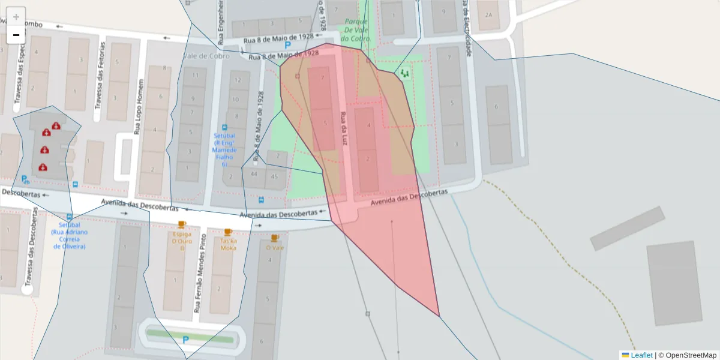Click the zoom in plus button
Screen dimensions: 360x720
(16, 17)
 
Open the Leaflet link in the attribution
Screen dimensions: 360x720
(641, 355)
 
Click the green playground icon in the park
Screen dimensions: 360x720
(405, 73)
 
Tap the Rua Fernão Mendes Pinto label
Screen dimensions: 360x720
(198, 274)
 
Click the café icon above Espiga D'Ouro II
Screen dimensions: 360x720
(181, 224)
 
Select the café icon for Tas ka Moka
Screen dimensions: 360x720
(228, 232)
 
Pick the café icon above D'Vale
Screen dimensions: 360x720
(275, 238)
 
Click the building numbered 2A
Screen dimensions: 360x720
(488, 15)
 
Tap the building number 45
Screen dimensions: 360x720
(275, 176)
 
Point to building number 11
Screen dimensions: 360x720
(195, 76)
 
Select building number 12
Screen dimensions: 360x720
(238, 80)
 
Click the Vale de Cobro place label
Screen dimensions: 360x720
(206, 56)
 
